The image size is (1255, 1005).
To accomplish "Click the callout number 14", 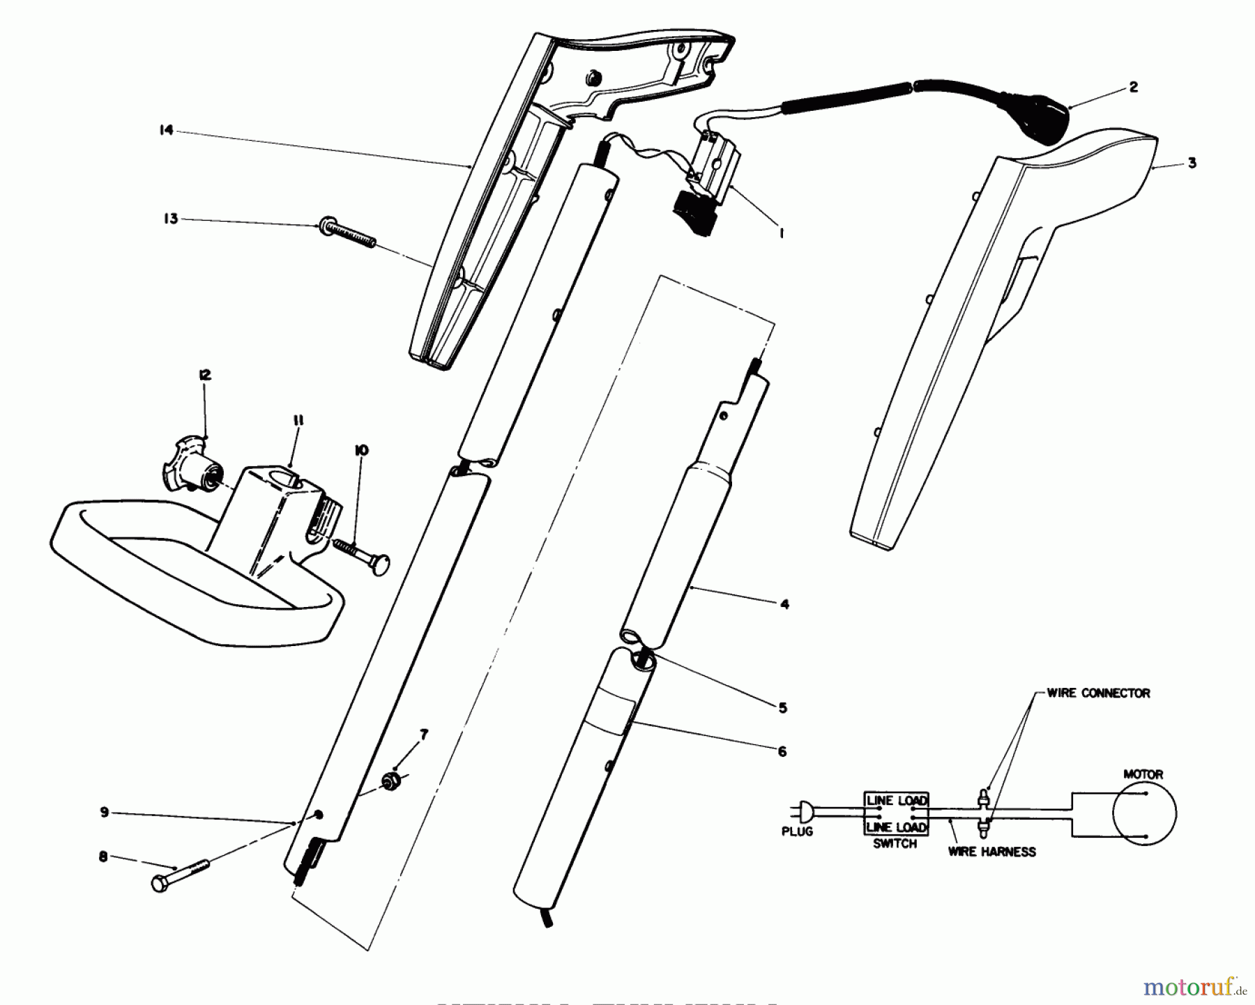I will pos(166,130).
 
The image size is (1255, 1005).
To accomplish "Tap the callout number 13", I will pos(171,219).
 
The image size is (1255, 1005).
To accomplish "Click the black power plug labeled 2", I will pos(1046,125).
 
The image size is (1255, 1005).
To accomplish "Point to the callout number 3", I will pos(1192,163).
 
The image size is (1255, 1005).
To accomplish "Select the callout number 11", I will pos(298,421).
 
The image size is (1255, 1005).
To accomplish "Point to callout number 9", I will pos(105,812).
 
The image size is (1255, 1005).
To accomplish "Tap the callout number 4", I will pos(784,604).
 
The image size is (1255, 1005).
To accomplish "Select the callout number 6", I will pos(782,751).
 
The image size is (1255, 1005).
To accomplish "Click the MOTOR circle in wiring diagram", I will pos(1143,813).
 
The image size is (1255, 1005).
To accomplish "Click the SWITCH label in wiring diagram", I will pos(895,844).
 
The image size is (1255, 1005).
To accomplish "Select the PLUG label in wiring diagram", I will pos(797,831).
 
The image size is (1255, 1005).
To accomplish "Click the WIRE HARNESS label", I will pos(991,851).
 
